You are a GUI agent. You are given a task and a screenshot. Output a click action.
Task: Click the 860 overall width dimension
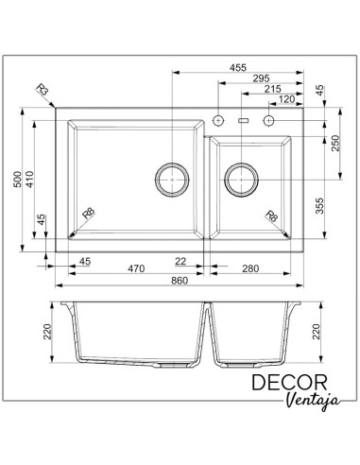point(180,281)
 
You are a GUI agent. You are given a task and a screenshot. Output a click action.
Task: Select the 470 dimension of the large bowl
point(136,268)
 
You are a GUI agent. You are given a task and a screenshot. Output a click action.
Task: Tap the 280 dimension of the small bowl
point(250,268)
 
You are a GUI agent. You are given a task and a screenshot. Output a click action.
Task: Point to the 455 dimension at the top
point(238,68)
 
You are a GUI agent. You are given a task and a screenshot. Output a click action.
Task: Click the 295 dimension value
point(261,78)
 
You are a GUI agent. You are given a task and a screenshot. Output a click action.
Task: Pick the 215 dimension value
point(272,89)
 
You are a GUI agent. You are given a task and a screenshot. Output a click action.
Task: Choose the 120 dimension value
point(286,99)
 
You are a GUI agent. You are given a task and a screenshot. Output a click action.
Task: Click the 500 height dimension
point(18,180)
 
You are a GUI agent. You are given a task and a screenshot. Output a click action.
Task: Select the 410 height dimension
point(29,180)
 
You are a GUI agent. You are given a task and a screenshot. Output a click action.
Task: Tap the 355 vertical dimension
point(319,206)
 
